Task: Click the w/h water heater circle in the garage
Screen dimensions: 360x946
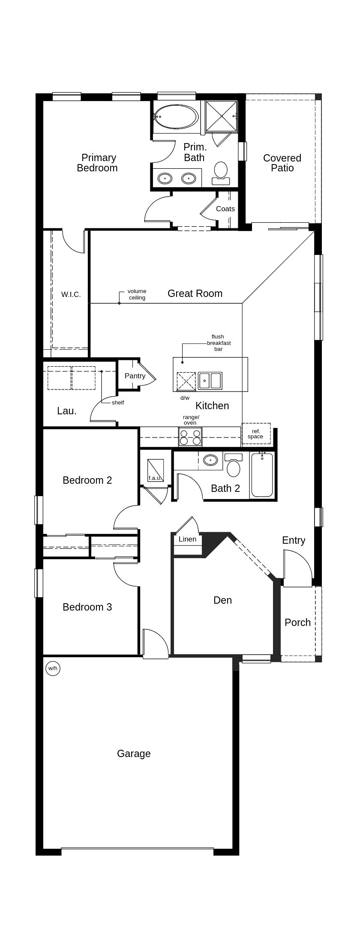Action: pyautogui.click(x=53, y=668)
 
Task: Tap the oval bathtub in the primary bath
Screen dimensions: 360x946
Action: pyautogui.click(x=176, y=117)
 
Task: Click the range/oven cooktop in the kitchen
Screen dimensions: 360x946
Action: pyautogui.click(x=190, y=437)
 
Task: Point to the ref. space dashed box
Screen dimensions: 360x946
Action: pyautogui.click(x=256, y=434)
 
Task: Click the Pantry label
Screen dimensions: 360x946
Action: pyautogui.click(x=135, y=376)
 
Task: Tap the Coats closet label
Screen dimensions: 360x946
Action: pyautogui.click(x=225, y=209)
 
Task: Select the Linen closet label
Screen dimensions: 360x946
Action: pyautogui.click(x=187, y=539)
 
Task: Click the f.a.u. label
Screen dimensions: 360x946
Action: pyautogui.click(x=154, y=478)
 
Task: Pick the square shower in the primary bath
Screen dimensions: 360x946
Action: pyautogui.click(x=221, y=116)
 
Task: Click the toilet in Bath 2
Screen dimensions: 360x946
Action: pyautogui.click(x=234, y=465)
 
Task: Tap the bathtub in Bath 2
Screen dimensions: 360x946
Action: pyautogui.click(x=262, y=474)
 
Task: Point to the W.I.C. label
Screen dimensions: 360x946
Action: pyautogui.click(x=71, y=294)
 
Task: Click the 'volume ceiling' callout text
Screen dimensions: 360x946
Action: pyautogui.click(x=137, y=294)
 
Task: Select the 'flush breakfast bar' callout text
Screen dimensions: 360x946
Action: pyautogui.click(x=219, y=343)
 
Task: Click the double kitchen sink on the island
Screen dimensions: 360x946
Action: pyautogui.click(x=210, y=380)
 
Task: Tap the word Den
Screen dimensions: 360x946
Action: pyautogui.click(x=223, y=600)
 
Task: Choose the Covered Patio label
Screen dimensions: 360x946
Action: pyautogui.click(x=282, y=163)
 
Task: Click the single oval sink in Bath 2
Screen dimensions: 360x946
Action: pyautogui.click(x=210, y=460)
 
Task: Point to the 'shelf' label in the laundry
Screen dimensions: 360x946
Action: pyautogui.click(x=118, y=403)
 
